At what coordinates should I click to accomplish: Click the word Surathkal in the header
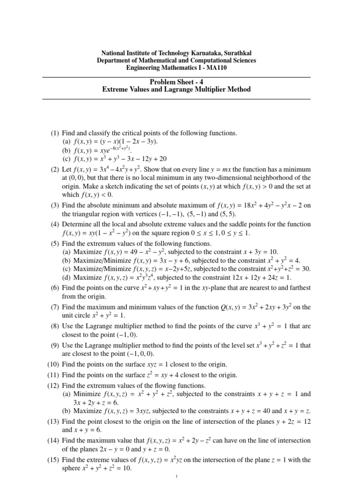pos(239,53)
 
